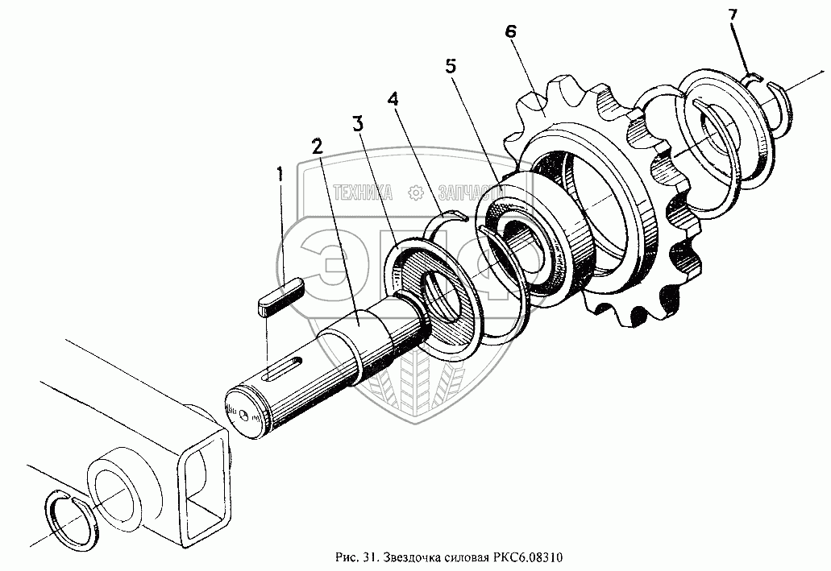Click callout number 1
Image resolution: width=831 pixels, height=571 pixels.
(x=280, y=173)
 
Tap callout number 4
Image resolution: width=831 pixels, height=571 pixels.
(x=393, y=99)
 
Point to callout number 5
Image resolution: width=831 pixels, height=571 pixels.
(x=451, y=66)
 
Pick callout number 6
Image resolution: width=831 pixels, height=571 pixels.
(x=510, y=32)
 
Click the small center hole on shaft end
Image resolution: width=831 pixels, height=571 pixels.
(x=243, y=413)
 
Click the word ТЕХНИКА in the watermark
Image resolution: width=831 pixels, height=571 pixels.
(x=361, y=192)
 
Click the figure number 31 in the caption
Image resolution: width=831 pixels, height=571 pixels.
(x=371, y=557)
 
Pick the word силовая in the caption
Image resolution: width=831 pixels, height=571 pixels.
(x=462, y=557)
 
